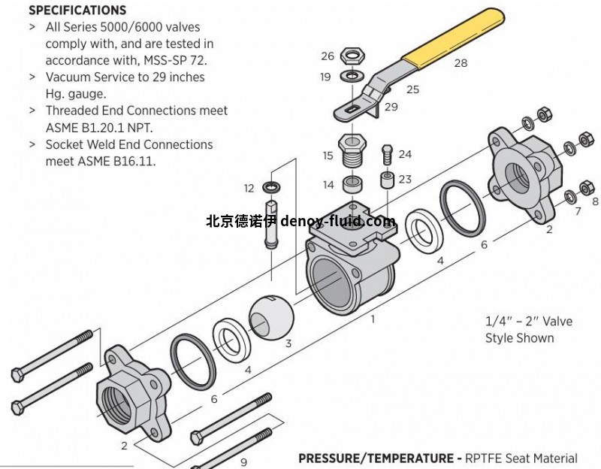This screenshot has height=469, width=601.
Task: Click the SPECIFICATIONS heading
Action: (x=77, y=11)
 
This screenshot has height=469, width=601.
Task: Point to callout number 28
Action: (x=461, y=63)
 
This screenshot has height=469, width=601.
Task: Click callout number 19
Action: (x=325, y=77)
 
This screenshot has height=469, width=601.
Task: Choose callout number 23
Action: (x=405, y=179)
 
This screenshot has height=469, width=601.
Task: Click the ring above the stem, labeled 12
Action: (x=270, y=186)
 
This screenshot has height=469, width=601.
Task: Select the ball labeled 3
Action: (x=268, y=316)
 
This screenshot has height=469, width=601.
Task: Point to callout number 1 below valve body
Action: (x=372, y=319)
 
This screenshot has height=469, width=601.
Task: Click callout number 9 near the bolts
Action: (x=243, y=462)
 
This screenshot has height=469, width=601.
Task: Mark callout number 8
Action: (x=595, y=201)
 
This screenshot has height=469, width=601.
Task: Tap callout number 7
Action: (x=578, y=212)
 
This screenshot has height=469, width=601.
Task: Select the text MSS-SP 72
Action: (x=174, y=60)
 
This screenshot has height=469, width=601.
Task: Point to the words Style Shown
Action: (x=519, y=338)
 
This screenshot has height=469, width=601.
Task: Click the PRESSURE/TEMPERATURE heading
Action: (x=379, y=458)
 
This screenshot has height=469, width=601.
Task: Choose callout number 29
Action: (x=391, y=107)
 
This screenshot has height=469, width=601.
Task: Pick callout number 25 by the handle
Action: (x=412, y=89)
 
